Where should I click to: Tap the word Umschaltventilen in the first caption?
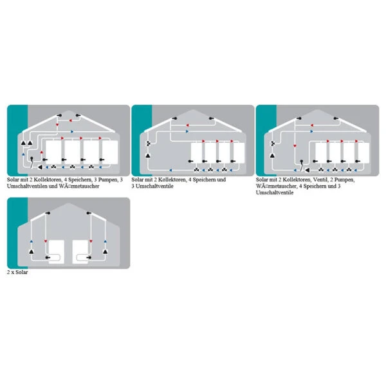27,186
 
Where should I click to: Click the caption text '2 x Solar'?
17,272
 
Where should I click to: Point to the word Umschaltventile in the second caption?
154,186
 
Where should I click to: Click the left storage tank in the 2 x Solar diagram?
57,252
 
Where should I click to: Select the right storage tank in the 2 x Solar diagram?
80,252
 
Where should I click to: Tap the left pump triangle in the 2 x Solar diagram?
32,252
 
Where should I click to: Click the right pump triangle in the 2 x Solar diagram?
106,252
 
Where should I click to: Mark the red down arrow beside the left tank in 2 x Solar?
46,241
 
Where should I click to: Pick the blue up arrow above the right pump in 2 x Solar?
106,241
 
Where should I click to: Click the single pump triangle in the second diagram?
148,156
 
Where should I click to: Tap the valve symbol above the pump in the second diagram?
149,143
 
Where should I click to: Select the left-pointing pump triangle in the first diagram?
40,167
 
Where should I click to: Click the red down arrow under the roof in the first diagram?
57,125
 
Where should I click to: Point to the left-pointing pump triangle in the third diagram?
308,170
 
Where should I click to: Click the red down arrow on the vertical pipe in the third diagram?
295,146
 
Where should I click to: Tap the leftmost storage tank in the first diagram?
53,152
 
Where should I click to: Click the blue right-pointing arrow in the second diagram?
187,131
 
